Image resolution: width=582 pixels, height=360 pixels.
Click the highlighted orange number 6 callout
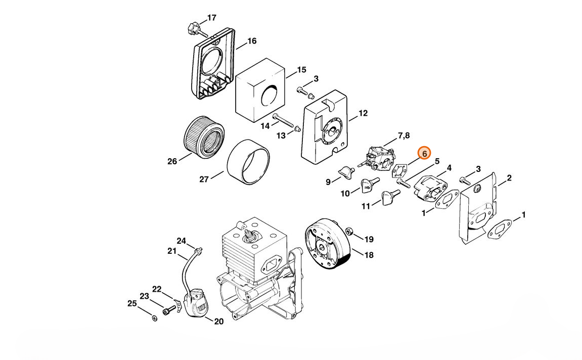tap(424, 153)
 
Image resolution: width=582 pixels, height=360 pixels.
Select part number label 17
tap(211, 17)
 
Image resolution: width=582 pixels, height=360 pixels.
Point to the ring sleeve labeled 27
tap(248, 162)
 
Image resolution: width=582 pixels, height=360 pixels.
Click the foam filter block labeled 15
tap(260, 90)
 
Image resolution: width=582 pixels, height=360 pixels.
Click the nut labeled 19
tap(349, 232)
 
